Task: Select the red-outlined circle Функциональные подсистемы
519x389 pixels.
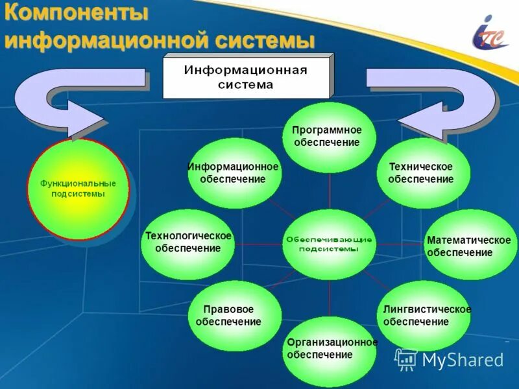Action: [78, 189]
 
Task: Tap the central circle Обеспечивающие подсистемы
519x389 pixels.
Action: [329, 244]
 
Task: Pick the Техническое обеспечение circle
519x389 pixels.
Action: [423, 173]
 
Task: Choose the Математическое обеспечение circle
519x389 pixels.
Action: [470, 246]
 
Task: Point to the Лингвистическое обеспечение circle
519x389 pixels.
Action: [424, 316]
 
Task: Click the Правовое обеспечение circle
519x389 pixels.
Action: [234, 316]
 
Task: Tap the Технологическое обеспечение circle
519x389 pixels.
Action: [188, 243]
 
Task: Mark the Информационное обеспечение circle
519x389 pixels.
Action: [234, 173]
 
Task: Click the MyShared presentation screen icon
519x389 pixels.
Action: [406, 359]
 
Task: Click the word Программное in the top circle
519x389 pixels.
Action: [327, 130]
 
